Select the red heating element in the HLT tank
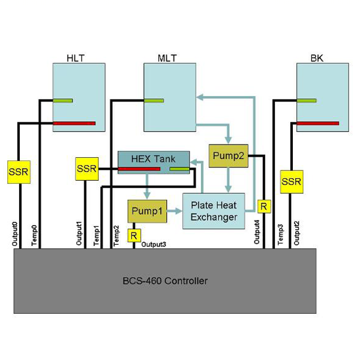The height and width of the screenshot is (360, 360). tap(74, 124)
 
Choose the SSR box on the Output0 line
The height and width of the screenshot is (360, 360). tap(18, 172)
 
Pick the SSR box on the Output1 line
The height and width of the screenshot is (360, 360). tap(86, 169)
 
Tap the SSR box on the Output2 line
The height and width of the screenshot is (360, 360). tap(292, 181)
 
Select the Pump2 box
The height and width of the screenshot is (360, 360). tap(227, 155)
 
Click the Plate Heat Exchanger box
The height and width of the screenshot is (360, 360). tap(214, 211)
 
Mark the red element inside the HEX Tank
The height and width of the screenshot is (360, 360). tap(139, 169)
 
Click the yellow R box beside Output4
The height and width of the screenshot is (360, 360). tap(263, 206)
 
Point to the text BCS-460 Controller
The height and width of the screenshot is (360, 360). tap(165, 281)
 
